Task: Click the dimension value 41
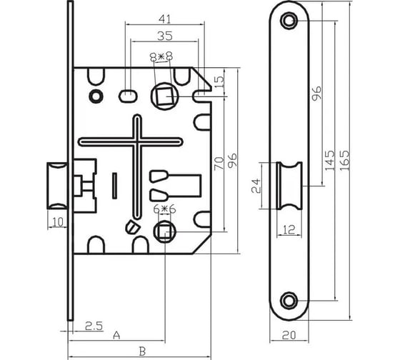pos(164,19)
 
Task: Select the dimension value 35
pos(165,36)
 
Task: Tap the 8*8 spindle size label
pos(161,56)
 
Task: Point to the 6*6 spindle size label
pos(165,209)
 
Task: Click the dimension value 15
pos(219,81)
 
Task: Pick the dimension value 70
pos(219,164)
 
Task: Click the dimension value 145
pos(329,161)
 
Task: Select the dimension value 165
pos(344,161)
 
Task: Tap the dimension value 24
pos(256,186)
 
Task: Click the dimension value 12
pos(289,229)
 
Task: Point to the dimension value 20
pos(289,335)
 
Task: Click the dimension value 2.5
pos(94,326)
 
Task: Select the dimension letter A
pos(116,335)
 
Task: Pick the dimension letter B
pos(142,351)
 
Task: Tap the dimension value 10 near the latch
pos(58,222)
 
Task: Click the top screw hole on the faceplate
pos(289,21)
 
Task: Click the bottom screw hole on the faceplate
pos(289,301)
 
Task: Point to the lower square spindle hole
pos(164,232)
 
